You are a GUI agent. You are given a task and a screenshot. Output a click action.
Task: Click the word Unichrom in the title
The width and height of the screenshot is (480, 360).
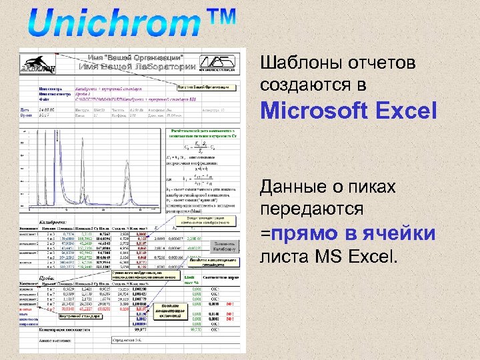coord(110,25)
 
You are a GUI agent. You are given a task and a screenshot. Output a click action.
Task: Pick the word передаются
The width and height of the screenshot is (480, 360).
coord(312,209)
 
